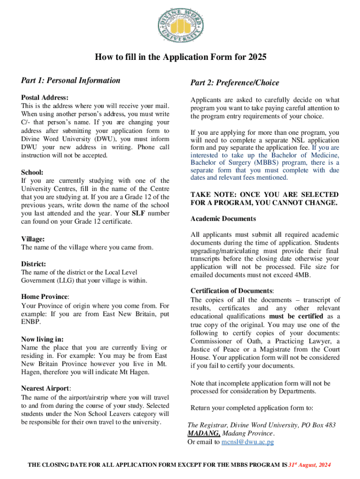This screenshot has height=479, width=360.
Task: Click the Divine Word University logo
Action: tap(180, 24)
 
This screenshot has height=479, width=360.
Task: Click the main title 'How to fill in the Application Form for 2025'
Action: tap(180, 58)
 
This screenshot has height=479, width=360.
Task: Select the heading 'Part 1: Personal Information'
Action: tap(71, 80)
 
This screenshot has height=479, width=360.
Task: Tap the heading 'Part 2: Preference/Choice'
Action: tap(234, 83)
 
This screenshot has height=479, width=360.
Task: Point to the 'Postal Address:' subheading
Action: tap(45, 98)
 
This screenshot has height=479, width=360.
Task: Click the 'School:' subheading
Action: tap(32, 172)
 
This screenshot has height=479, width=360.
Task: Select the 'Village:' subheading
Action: tap(33, 239)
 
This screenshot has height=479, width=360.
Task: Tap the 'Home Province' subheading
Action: tap(45, 297)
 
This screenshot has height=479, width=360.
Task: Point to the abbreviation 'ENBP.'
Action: tap(31, 322)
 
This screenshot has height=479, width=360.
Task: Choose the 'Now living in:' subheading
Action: tap(43, 339)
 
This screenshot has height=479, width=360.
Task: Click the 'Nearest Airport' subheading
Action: tap(46, 388)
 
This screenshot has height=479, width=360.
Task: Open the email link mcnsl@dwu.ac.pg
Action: tap(247, 442)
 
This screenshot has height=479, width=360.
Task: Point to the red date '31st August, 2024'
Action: tap(310, 465)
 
